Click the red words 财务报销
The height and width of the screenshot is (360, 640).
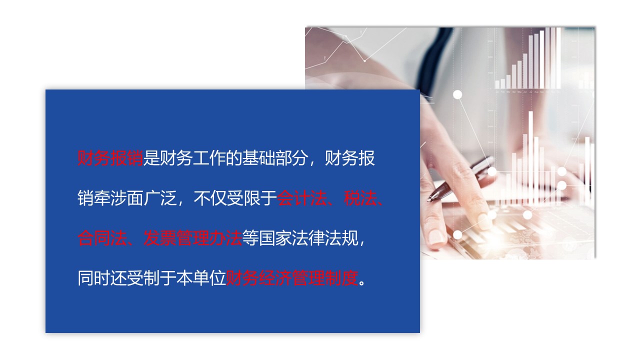(110, 159)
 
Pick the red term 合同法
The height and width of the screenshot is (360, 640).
(102, 238)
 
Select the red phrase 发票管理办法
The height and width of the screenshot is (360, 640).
(192, 238)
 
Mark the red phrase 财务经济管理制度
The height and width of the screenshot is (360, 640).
(292, 278)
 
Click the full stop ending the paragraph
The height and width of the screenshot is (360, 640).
(363, 280)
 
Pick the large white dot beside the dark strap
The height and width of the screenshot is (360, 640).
(457, 94)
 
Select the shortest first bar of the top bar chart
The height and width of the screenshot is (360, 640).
(497, 84)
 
